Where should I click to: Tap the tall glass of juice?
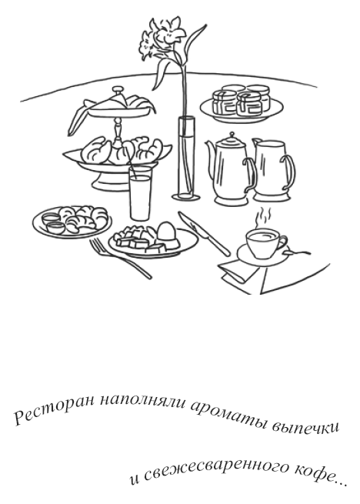[140, 196]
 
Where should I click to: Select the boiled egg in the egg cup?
[166, 232]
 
